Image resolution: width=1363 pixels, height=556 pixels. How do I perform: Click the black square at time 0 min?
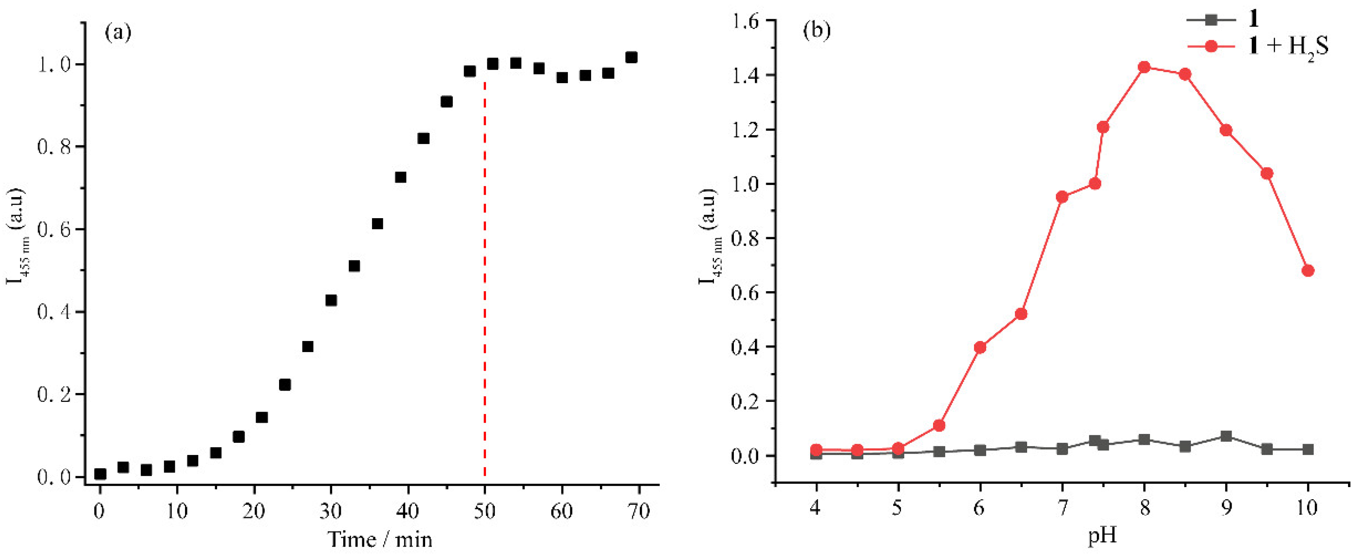click(x=100, y=474)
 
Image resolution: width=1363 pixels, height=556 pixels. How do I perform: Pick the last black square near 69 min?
click(x=631, y=57)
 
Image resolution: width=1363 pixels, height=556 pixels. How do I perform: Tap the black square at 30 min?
click(x=331, y=301)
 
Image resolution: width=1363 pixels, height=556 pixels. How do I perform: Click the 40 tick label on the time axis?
click(x=408, y=511)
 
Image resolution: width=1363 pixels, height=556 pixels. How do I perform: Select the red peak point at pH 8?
click(x=1144, y=67)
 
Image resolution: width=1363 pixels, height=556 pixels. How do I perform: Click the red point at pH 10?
click(x=1308, y=271)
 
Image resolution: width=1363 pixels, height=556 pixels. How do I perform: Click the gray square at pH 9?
click(x=1226, y=436)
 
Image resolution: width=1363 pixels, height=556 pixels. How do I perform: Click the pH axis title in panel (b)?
click(x=1103, y=535)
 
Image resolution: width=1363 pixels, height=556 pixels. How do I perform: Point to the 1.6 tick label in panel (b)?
click(x=746, y=21)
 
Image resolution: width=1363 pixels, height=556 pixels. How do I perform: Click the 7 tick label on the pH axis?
click(x=1062, y=508)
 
